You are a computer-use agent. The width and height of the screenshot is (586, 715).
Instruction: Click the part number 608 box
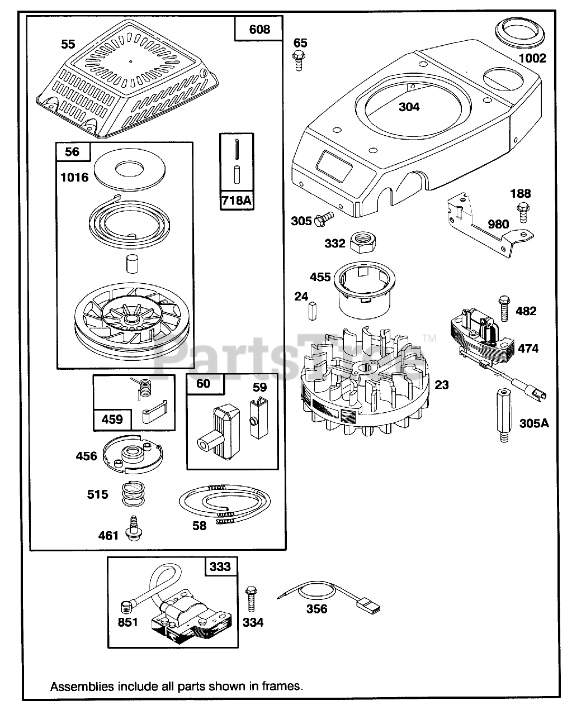tap(259, 29)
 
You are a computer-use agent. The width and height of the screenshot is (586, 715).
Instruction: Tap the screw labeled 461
tap(133, 528)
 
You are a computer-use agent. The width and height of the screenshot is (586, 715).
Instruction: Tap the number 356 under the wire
tap(316, 609)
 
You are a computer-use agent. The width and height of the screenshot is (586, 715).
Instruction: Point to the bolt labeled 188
tap(523, 214)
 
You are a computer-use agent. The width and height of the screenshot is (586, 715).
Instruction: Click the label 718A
tap(237, 199)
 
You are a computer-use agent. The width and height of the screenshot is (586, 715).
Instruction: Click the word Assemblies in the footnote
tap(82, 686)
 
